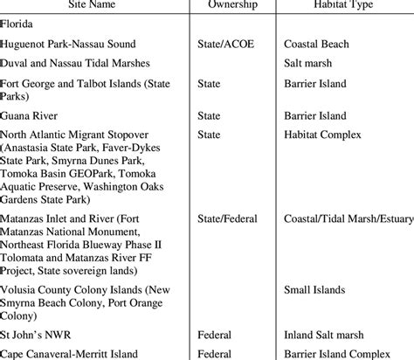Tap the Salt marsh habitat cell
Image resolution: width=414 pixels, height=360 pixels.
point(311,63)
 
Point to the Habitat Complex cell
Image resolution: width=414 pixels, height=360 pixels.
point(325,135)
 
